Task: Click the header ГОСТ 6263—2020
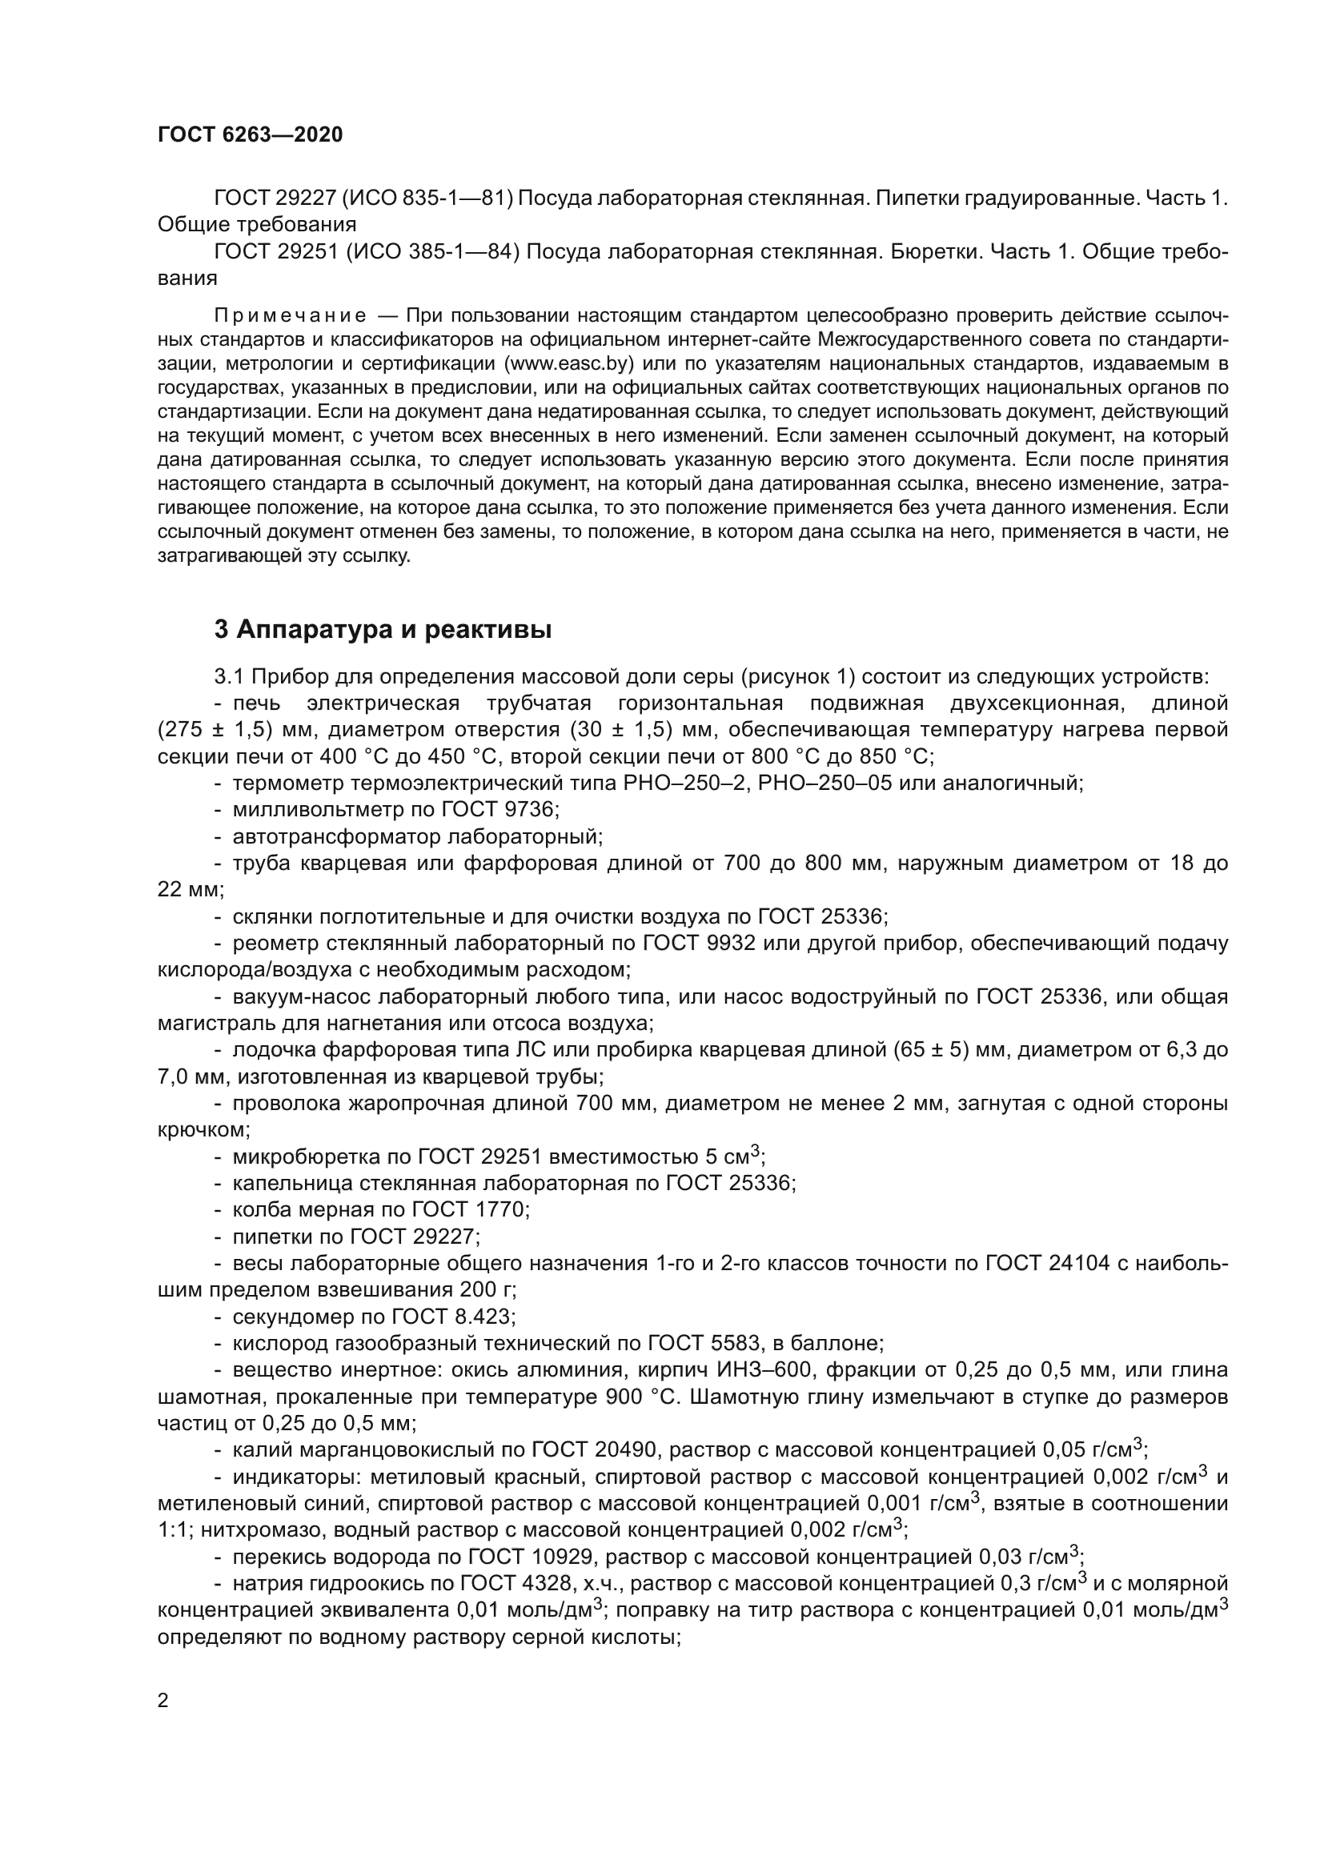coord(251,135)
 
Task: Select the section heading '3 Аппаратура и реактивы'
coord(383,629)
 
